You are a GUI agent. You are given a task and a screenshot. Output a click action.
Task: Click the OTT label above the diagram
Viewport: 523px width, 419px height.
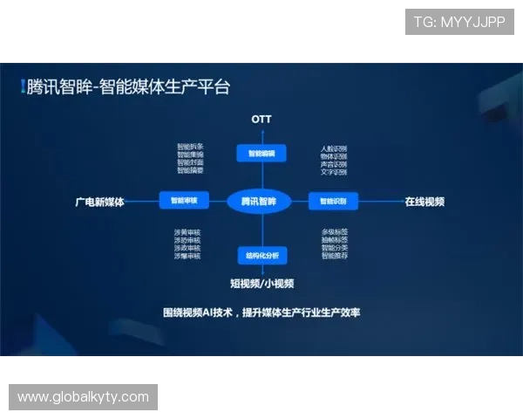click(x=261, y=118)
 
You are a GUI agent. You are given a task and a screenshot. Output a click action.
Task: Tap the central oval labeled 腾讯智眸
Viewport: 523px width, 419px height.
click(x=259, y=202)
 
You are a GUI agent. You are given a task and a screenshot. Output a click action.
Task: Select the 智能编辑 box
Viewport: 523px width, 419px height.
click(x=261, y=154)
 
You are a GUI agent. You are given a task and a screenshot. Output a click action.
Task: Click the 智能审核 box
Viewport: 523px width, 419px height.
click(x=184, y=201)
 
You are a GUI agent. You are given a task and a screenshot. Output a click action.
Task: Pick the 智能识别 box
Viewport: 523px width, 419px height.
click(x=333, y=202)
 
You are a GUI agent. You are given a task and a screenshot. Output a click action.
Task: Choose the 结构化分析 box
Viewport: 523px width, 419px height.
click(x=261, y=256)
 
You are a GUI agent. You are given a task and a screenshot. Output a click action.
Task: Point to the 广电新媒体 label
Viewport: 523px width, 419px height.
click(x=99, y=202)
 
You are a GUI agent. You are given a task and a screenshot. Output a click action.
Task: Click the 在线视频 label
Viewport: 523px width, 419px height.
click(x=425, y=202)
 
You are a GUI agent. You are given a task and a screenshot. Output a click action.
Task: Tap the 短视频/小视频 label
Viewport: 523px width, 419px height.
click(x=261, y=283)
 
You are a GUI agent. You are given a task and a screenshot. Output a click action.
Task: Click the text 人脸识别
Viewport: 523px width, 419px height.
click(x=334, y=149)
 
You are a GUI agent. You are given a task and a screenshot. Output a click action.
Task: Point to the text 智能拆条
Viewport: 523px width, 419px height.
click(x=190, y=147)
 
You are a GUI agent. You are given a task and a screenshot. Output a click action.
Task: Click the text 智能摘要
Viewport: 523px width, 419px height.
click(x=190, y=170)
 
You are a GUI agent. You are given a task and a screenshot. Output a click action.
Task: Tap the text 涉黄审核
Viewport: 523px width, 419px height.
click(x=187, y=232)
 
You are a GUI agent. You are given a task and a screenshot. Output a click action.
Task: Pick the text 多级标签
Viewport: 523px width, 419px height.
click(x=335, y=231)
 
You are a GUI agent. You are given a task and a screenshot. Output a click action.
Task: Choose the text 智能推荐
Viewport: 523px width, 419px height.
click(x=335, y=256)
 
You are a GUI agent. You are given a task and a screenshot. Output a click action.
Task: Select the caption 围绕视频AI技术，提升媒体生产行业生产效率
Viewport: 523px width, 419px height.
click(x=261, y=313)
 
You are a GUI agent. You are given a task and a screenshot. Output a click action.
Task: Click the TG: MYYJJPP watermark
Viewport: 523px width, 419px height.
click(x=459, y=22)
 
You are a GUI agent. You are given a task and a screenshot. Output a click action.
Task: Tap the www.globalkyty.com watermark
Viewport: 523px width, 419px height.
click(x=84, y=397)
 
